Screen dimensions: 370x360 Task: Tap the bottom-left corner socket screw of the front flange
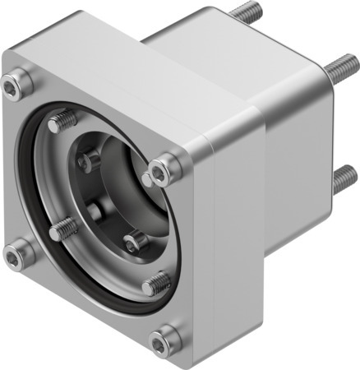[16, 256]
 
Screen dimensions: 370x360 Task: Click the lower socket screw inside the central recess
[134, 242]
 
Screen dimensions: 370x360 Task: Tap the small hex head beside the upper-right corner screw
[147, 179]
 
